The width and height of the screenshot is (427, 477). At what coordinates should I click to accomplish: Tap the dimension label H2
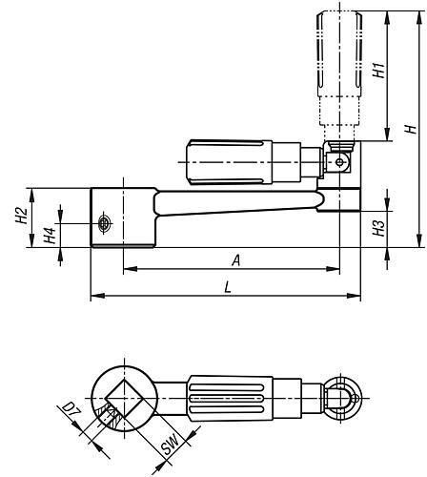21,217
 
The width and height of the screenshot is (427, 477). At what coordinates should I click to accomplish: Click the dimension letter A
232,259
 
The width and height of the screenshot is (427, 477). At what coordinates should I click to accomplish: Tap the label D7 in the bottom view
70,411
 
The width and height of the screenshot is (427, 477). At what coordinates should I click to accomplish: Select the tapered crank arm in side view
238,203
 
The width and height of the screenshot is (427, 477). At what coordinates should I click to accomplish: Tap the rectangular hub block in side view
122,218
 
